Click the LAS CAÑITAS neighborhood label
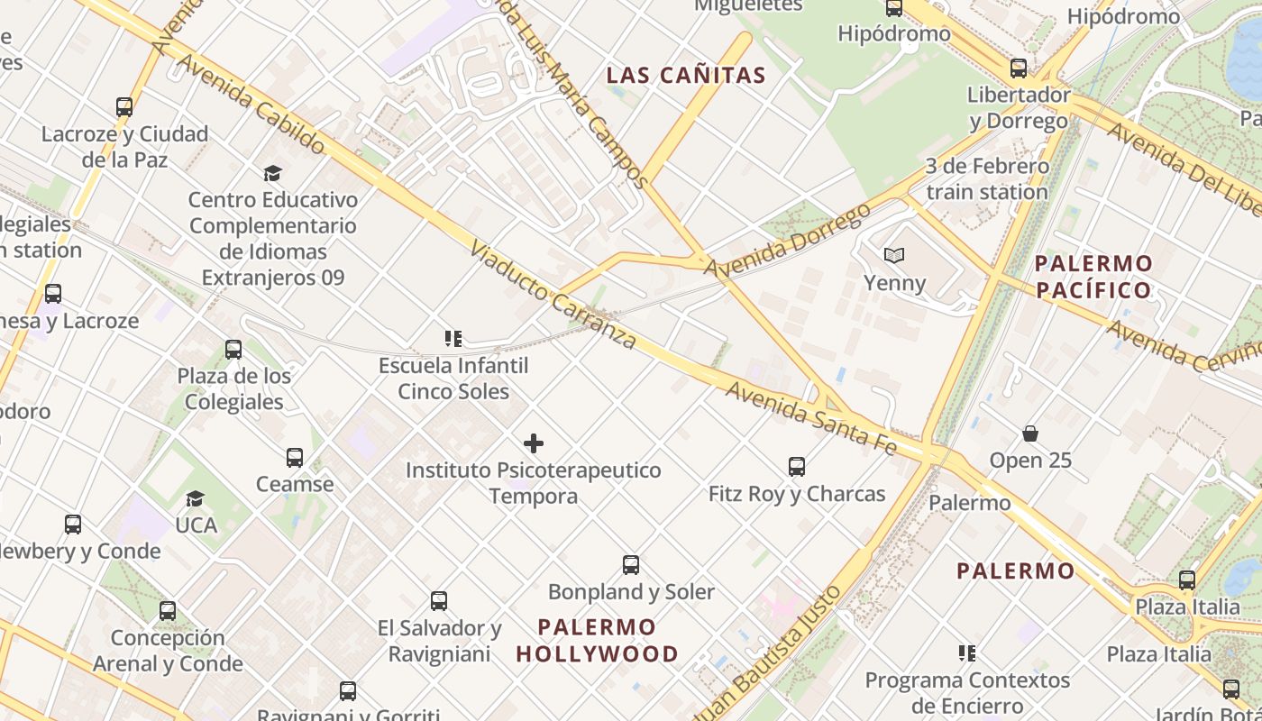point(686,76)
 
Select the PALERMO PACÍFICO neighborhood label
point(1093,277)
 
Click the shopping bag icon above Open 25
point(1030,434)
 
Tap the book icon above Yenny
point(894,256)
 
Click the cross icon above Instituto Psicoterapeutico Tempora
point(534,443)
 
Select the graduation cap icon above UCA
point(196,498)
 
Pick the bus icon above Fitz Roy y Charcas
point(797,467)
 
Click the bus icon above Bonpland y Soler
point(631,565)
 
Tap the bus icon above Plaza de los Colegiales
point(233,350)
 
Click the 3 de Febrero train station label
point(987,179)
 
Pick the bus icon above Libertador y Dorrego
point(1019,68)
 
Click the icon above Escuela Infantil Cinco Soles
point(453,339)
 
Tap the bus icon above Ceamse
point(295,458)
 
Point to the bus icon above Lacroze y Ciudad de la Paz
point(124,107)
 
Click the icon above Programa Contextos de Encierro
point(967,653)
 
